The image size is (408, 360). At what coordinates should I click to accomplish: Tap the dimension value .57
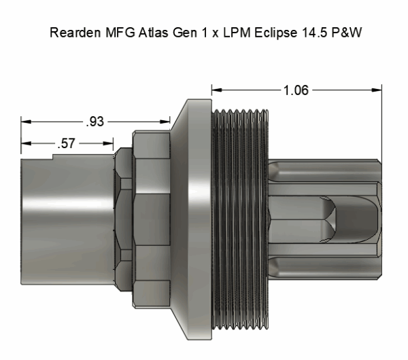pyautogui.click(x=66, y=143)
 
